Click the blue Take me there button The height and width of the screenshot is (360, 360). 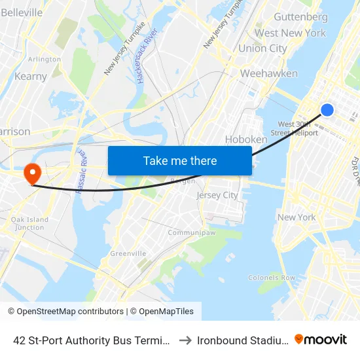(x=180, y=160)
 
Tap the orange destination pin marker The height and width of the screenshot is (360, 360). (x=31, y=173)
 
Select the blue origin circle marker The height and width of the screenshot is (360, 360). (x=327, y=110)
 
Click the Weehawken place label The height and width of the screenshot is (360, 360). (x=268, y=73)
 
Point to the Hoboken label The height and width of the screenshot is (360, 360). (x=246, y=139)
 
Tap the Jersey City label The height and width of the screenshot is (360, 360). (x=217, y=195)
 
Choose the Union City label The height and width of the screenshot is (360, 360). (x=262, y=48)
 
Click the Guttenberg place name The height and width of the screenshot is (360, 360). (x=300, y=16)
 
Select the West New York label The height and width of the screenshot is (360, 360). (x=290, y=33)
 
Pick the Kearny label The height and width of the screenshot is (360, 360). (x=30, y=77)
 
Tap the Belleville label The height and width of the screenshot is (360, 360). (x=22, y=12)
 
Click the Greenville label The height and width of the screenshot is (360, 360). (x=128, y=253)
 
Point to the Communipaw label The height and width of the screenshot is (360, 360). (x=187, y=232)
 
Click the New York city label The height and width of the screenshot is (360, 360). (x=297, y=217)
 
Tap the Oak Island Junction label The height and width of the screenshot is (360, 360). (x=29, y=223)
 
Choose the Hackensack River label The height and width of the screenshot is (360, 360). (x=143, y=56)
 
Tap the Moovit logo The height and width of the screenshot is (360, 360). (x=321, y=339)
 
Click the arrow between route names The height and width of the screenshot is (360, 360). (x=185, y=340)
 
